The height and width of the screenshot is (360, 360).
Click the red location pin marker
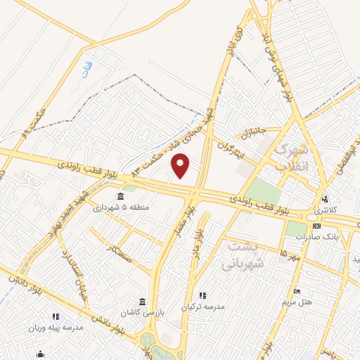(181, 165)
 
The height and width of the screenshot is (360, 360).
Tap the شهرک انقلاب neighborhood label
(290, 157)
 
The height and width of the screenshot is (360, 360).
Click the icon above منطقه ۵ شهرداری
(121, 195)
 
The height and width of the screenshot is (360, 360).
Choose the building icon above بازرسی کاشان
(142, 302)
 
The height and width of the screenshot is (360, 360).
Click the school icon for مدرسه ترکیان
(203, 295)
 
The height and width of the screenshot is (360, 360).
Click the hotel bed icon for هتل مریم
(297, 290)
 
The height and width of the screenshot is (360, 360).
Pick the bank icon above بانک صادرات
(316, 226)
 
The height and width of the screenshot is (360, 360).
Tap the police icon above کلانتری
(325, 200)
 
